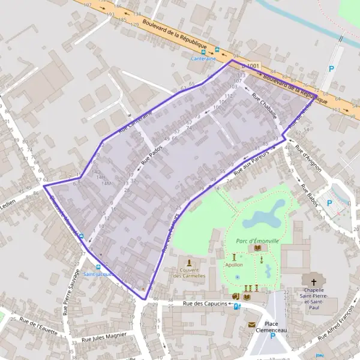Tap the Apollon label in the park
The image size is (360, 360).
[234, 264]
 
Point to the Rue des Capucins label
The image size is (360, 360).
[205, 304]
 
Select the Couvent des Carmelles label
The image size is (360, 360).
[189, 273]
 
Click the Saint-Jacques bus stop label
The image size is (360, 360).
[97, 274]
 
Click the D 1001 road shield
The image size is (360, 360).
[252, 65]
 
